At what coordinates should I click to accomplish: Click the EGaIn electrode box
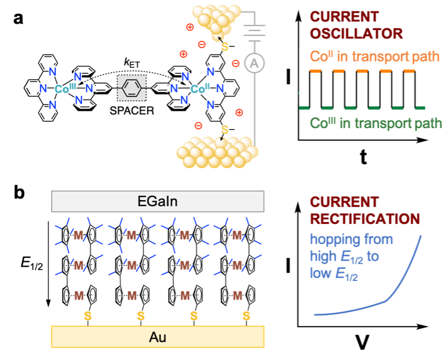coord(158,201)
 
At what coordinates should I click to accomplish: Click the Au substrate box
coord(158,336)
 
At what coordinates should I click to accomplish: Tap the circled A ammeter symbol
coord(253,64)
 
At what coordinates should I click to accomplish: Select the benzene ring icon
coord(131,89)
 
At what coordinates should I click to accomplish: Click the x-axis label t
coord(363,157)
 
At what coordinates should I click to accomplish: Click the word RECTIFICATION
coord(365,219)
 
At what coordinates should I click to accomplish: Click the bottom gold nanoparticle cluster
coord(217,153)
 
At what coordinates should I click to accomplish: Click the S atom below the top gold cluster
coord(224,47)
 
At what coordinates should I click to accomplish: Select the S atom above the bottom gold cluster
coord(224,129)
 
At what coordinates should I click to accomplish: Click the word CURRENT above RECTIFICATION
coord(344,202)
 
